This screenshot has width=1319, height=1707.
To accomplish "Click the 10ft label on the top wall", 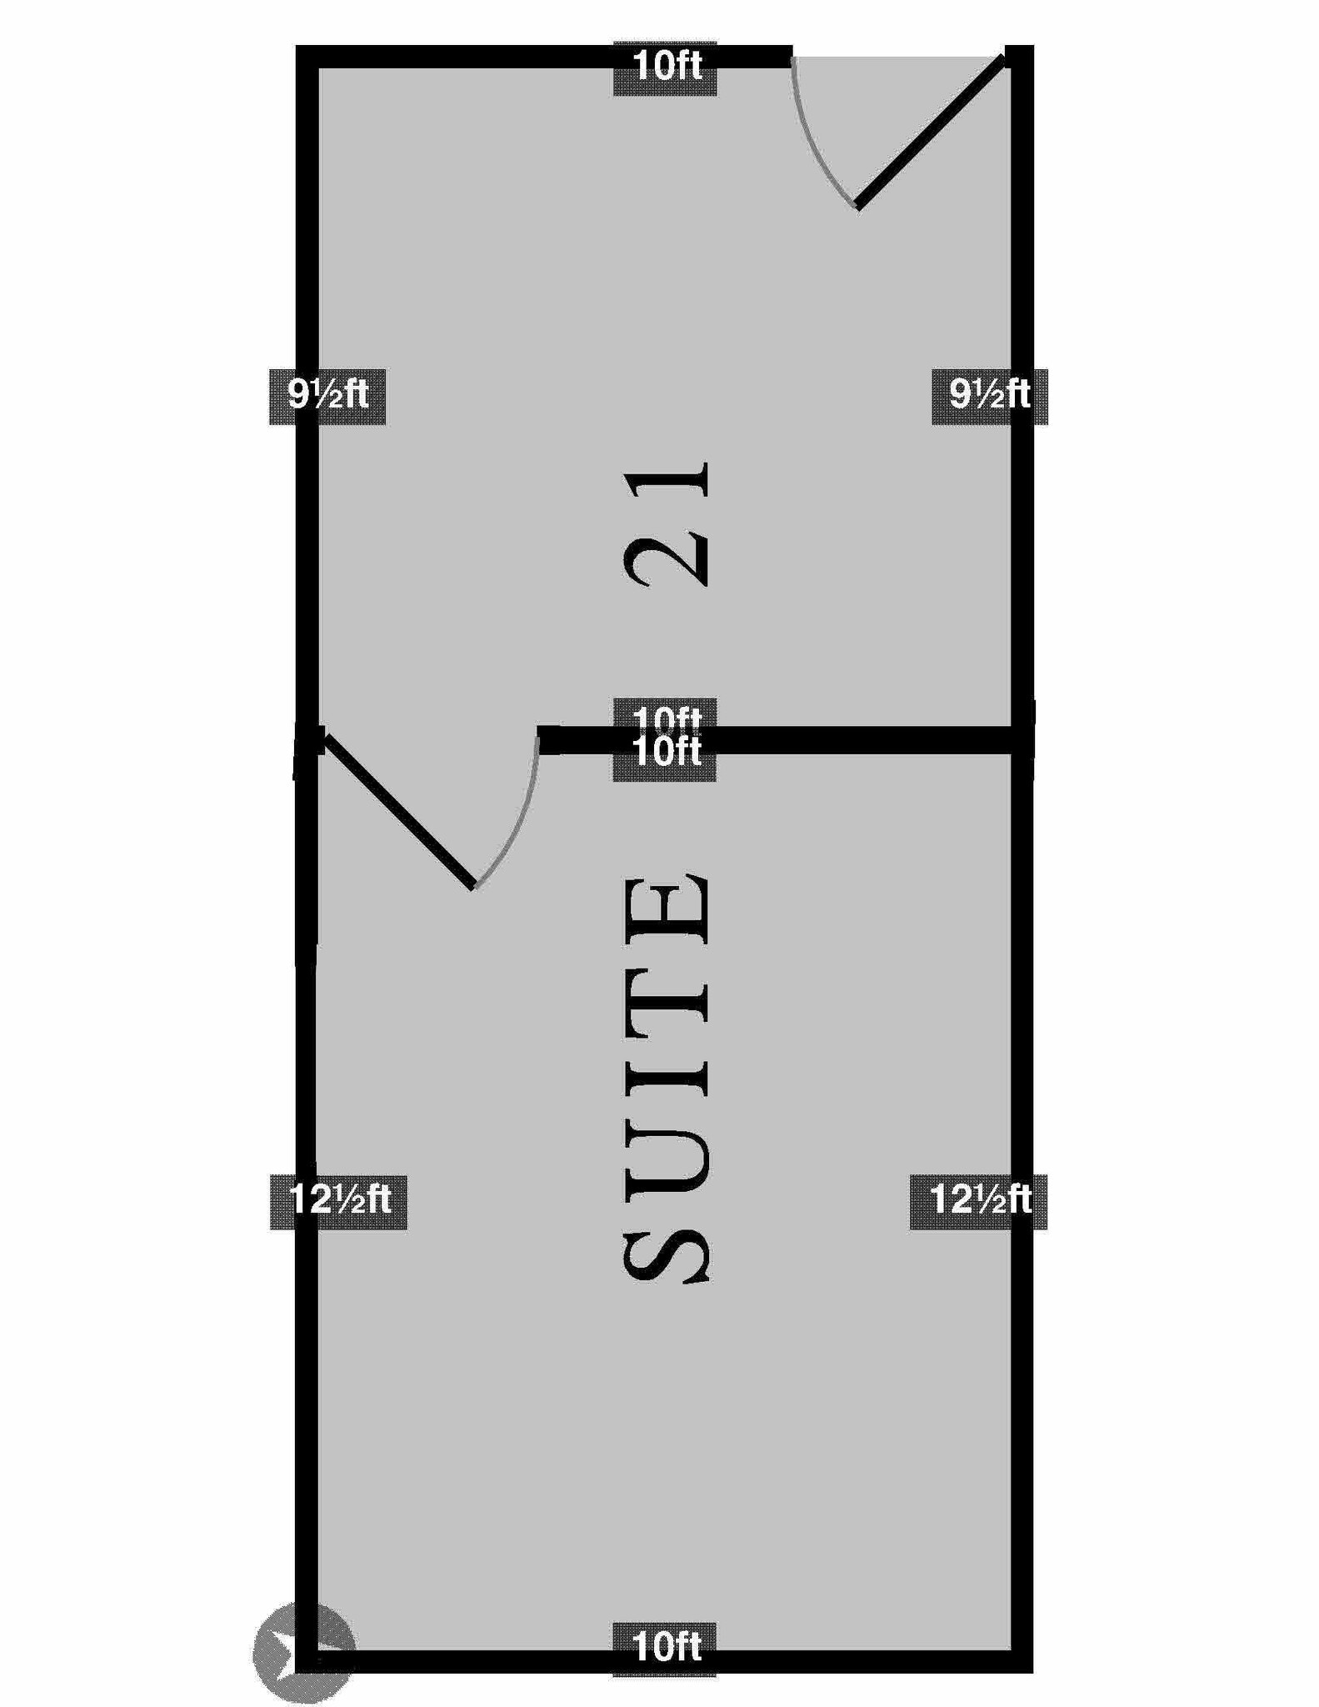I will pyautogui.click(x=665, y=67).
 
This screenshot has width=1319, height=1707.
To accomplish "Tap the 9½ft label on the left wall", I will pyautogui.click(x=327, y=394).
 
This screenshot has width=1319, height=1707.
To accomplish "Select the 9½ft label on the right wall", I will pyautogui.click(x=989, y=394).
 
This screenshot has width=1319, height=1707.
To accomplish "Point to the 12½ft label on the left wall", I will pyautogui.click(x=338, y=1200).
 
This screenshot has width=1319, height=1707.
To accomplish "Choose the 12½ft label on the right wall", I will pyautogui.click(x=978, y=1200).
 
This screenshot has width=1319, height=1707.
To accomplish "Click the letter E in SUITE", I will pyautogui.click(x=667, y=912).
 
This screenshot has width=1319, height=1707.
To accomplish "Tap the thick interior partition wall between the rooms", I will pyautogui.click(x=833, y=740).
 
